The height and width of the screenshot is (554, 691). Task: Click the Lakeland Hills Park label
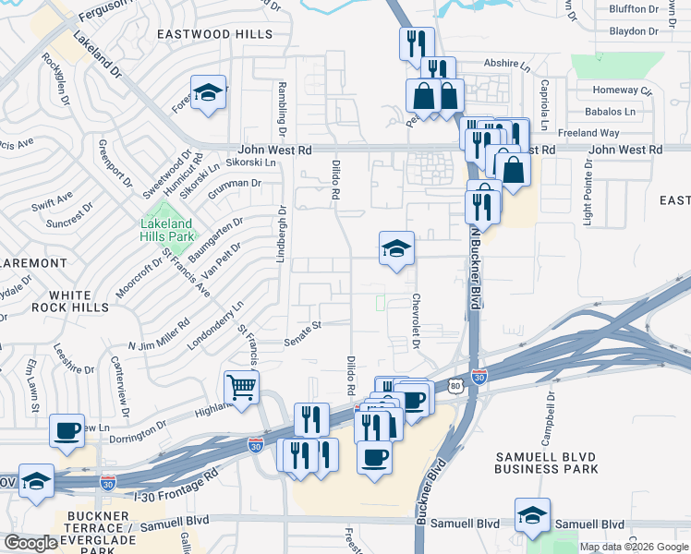pyautogui.click(x=166, y=229)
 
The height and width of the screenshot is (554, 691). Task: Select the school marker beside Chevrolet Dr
pyautogui.click(x=396, y=248)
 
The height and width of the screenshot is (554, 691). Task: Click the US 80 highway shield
pyautogui.click(x=455, y=385)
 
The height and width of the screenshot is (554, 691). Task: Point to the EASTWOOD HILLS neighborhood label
pyautogui.click(x=214, y=34)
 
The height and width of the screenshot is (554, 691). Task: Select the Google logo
pyautogui.click(x=30, y=543)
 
